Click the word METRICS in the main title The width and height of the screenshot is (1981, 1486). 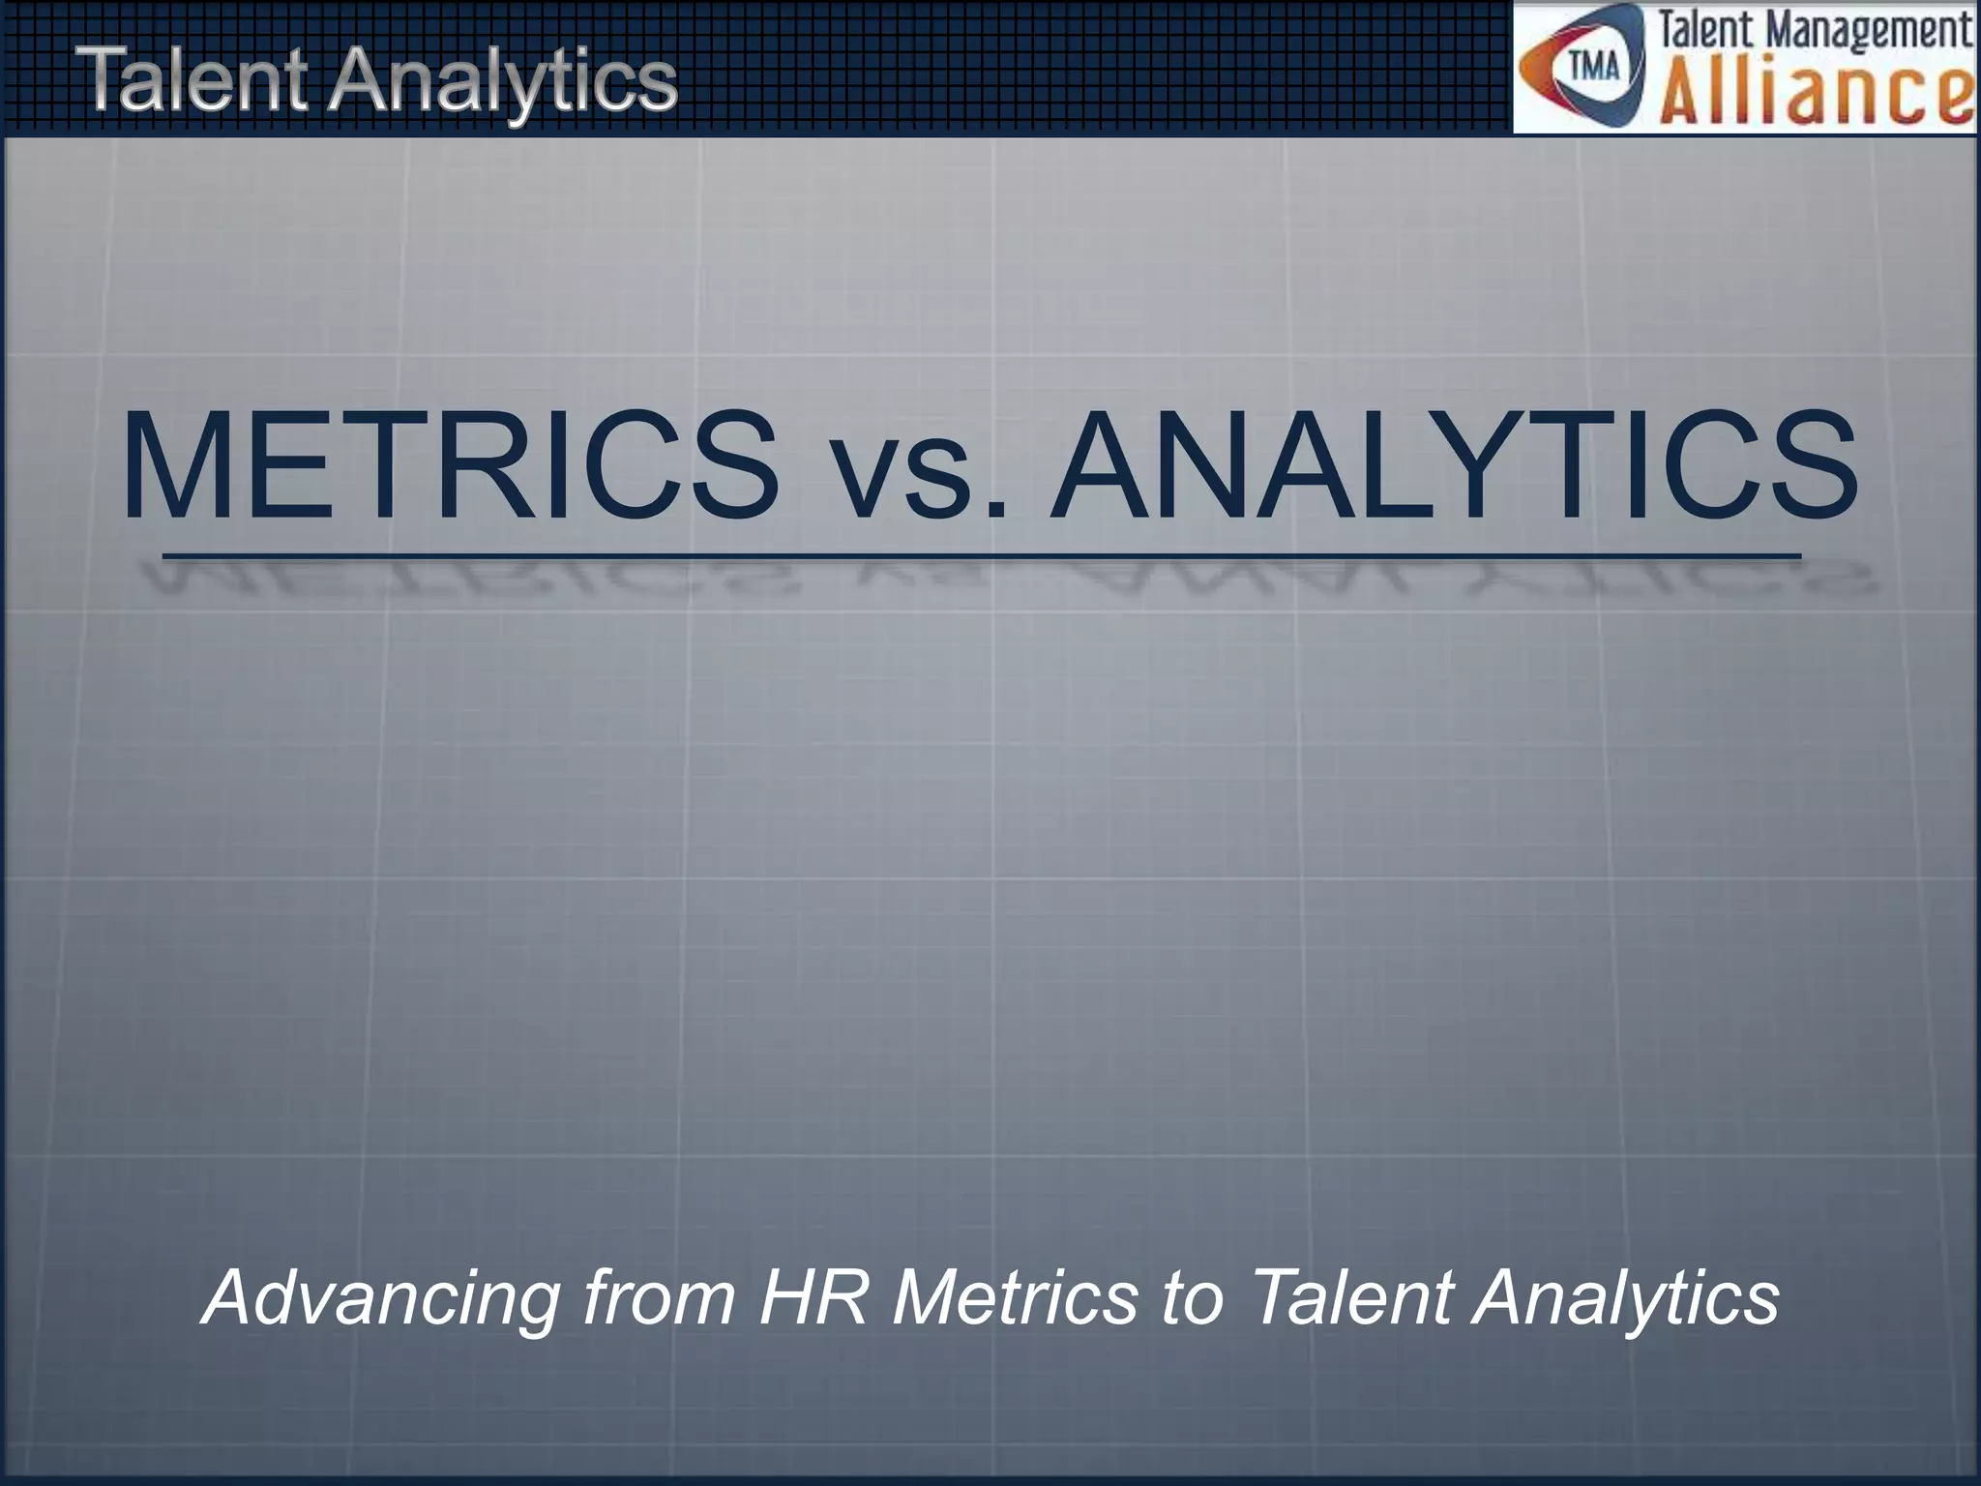(451, 467)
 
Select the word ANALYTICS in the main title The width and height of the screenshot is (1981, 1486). (1455, 467)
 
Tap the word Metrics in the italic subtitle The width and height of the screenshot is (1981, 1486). (1015, 1297)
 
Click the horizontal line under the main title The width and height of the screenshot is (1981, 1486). (981, 556)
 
